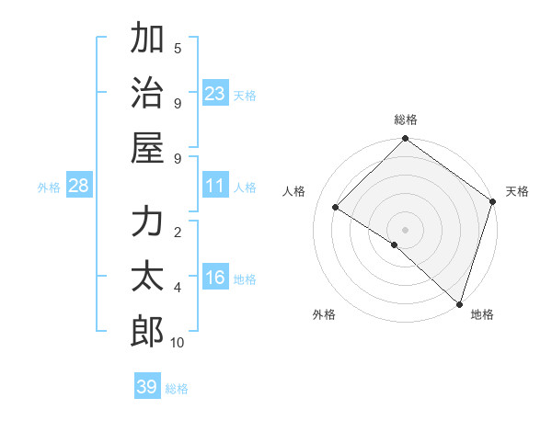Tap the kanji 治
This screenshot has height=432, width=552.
pos(147,92)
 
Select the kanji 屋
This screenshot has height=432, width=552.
pos(147,147)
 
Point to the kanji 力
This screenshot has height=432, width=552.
pos(147,222)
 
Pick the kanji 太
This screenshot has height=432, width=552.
pos(147,277)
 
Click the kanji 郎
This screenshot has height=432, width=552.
pos(147,332)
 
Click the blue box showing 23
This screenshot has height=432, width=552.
pos(215,94)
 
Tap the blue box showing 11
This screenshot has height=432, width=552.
pos(215,186)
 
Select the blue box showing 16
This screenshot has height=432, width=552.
pos(215,279)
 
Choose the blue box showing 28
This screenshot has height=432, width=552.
pos(78,187)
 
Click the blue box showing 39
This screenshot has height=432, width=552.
pos(146,387)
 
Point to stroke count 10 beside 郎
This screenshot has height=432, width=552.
pos(178,343)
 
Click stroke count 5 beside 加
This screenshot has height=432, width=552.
pos(178,48)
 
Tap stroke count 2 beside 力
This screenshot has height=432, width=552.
pos(178,232)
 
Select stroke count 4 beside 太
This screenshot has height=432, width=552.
pos(178,288)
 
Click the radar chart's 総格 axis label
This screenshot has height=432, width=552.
pos(406,119)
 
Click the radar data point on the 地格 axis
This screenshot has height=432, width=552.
pos(458,302)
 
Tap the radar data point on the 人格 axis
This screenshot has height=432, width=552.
pos(336,208)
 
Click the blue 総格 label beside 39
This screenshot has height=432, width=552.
pos(177,389)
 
